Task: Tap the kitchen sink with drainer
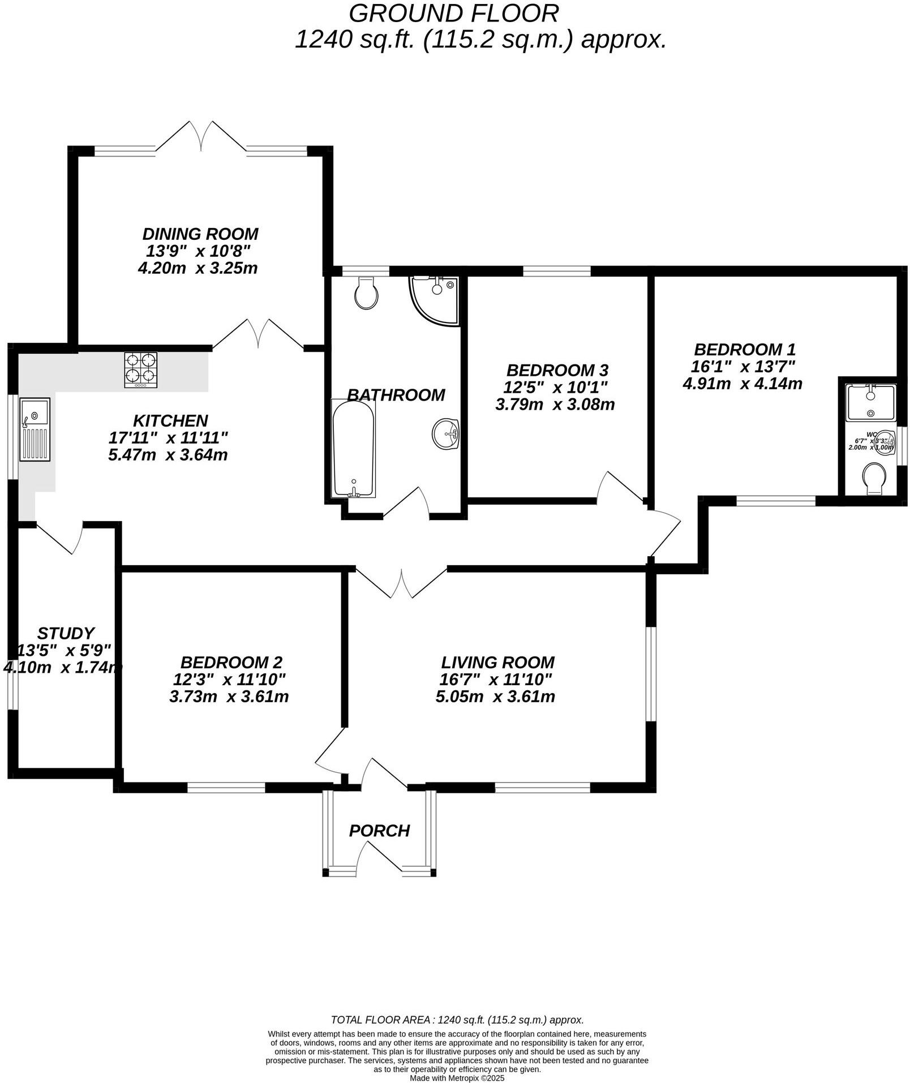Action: click(x=35, y=429)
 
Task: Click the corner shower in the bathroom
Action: click(x=435, y=300)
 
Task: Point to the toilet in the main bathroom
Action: click(x=366, y=293)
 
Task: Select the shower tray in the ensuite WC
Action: click(x=871, y=402)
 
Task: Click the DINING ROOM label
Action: click(x=200, y=234)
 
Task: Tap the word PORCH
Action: click(x=379, y=831)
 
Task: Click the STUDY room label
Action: click(x=66, y=633)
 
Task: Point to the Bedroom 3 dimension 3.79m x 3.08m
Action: click(x=555, y=405)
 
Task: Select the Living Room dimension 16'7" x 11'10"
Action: click(x=496, y=679)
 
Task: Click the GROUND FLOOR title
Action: click(x=453, y=12)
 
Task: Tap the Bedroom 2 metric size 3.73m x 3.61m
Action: click(x=229, y=697)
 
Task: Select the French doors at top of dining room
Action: click(x=201, y=137)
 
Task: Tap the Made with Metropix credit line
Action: click(x=457, y=1078)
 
